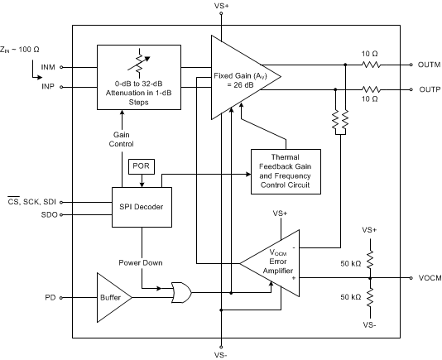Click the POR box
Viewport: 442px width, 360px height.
click(x=140, y=166)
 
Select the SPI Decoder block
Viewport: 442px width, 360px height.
click(x=142, y=207)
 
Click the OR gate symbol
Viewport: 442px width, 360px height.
click(x=181, y=291)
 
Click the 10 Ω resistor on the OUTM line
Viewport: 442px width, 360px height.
click(x=370, y=65)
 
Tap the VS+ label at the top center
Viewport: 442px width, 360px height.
click(x=222, y=7)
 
